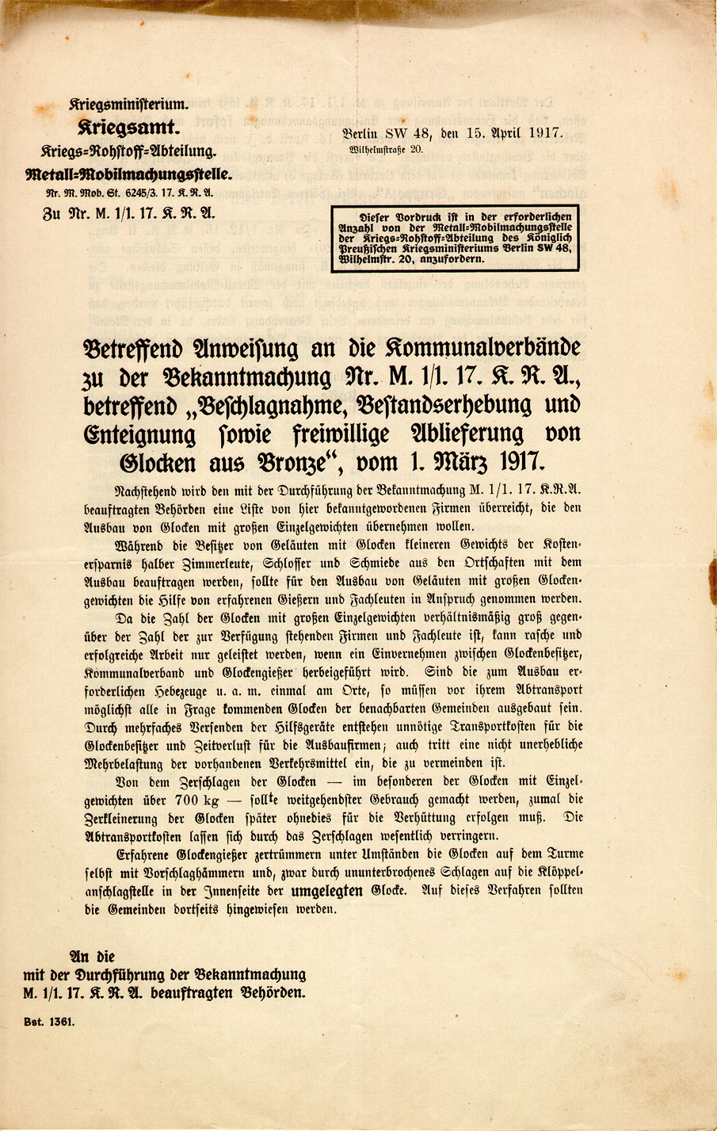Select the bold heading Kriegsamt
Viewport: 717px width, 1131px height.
tap(129, 127)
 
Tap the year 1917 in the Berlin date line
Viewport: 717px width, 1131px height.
tap(543, 133)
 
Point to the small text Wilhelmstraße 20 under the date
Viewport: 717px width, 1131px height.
tap(386, 149)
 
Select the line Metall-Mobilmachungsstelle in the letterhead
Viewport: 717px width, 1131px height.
tap(128, 174)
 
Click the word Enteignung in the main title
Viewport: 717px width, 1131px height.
tap(139, 434)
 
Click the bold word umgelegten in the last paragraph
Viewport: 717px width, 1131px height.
tap(327, 890)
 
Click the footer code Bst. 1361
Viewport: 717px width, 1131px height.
tap(48, 1022)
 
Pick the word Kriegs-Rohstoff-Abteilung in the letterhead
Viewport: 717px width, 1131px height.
tap(128, 151)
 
